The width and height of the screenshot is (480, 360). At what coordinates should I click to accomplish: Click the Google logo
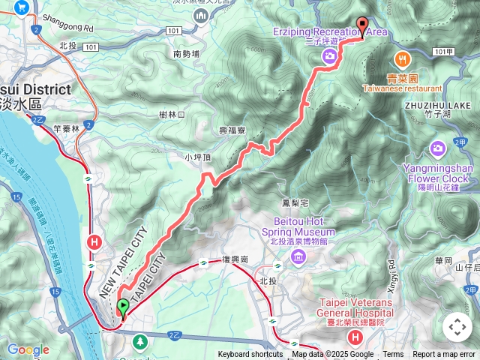tap(28, 349)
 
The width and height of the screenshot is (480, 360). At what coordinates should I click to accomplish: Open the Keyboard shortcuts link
tap(250, 355)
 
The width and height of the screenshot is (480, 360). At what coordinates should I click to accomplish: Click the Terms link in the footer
tap(393, 355)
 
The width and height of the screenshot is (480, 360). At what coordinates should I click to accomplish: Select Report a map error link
tap(444, 355)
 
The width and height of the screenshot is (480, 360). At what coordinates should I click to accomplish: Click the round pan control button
tap(457, 327)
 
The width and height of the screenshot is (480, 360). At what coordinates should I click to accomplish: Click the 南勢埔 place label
tap(187, 54)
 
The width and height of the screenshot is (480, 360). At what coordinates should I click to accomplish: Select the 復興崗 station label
tap(235, 260)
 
